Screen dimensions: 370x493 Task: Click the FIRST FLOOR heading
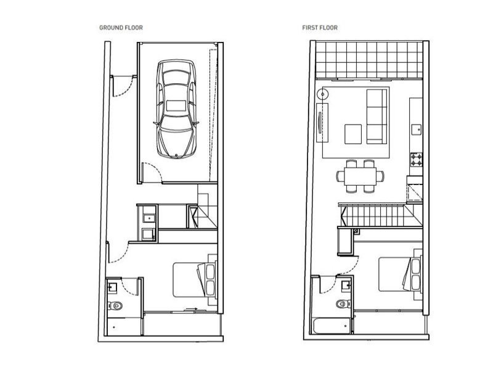[x=319, y=28]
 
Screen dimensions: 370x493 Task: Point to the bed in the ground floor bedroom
[x=194, y=279]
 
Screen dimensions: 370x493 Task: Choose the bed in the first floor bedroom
[x=400, y=276]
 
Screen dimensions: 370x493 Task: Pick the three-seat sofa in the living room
[x=377, y=116]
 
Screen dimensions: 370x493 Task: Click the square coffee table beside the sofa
[x=353, y=133]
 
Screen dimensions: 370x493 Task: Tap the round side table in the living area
[x=322, y=96]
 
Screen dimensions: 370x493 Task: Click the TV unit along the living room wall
[x=320, y=123]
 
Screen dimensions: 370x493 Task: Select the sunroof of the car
[x=176, y=105]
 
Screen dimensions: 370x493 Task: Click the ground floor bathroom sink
[x=112, y=286]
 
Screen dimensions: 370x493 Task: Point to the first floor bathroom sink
[x=346, y=284]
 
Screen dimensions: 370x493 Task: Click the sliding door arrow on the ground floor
[x=192, y=310]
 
